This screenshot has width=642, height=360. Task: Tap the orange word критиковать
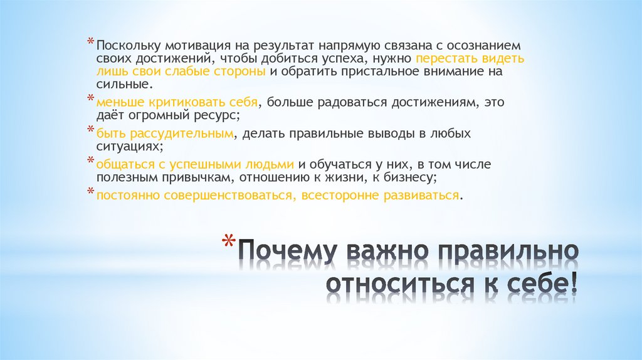(174, 102)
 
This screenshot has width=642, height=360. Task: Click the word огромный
(168, 115)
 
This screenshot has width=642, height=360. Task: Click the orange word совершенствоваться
(232, 195)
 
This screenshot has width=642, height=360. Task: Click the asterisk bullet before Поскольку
(91, 43)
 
